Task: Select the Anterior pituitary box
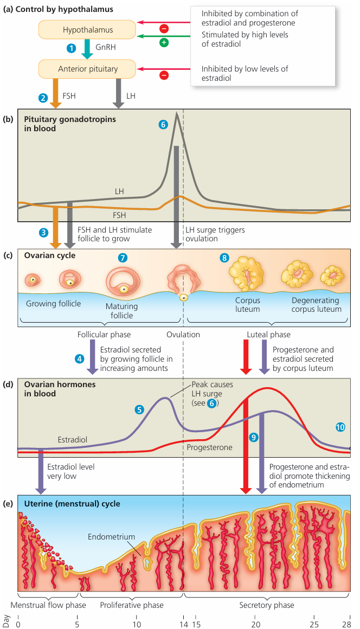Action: [87, 69]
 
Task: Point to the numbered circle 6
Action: [163, 124]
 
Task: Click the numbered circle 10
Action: [340, 427]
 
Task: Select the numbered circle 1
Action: [70, 48]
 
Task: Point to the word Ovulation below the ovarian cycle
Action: [183, 335]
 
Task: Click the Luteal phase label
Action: [268, 335]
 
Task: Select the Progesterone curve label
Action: [210, 447]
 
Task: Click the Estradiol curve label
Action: [72, 439]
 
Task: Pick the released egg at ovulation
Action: [184, 298]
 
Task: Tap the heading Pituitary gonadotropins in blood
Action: [69, 123]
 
